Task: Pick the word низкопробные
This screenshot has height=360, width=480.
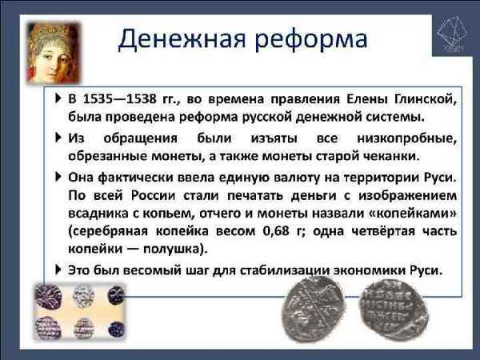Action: click(403, 138)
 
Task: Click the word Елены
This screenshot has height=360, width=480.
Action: click(366, 100)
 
